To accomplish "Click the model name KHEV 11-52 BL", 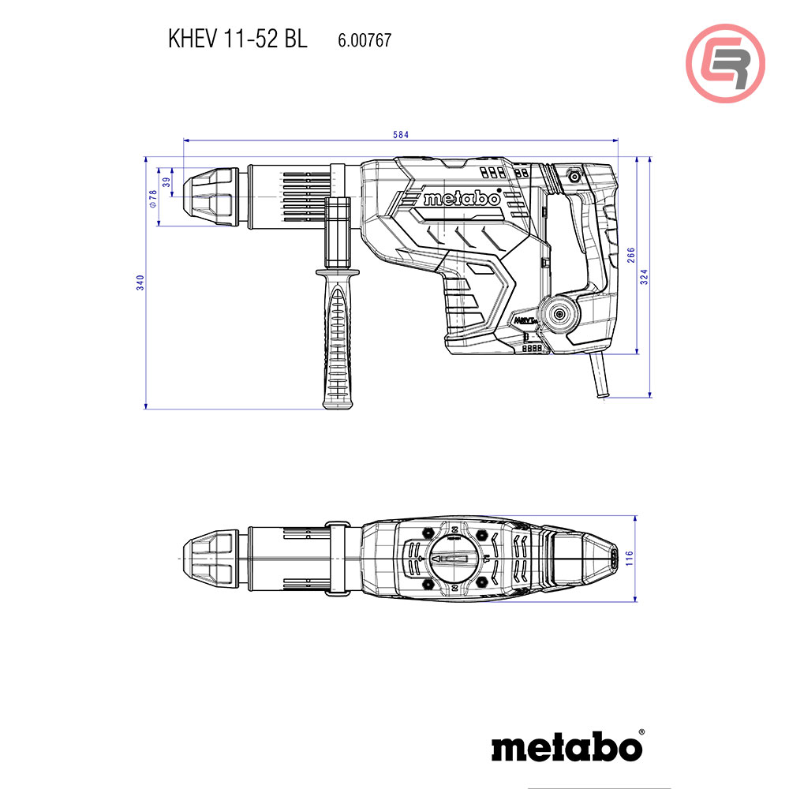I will pyautogui.click(x=237, y=40).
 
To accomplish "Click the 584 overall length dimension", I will pyautogui.click(x=401, y=135).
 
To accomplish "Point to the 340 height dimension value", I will pyautogui.click(x=140, y=282).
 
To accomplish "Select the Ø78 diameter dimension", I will pyautogui.click(x=154, y=198).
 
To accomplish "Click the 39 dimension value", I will pyautogui.click(x=166, y=181).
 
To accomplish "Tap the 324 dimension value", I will pyautogui.click(x=644, y=276).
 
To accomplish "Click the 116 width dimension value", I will pyautogui.click(x=629, y=559).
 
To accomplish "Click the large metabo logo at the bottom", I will pyautogui.click(x=567, y=746).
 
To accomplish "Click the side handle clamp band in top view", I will pyautogui.click(x=337, y=558).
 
